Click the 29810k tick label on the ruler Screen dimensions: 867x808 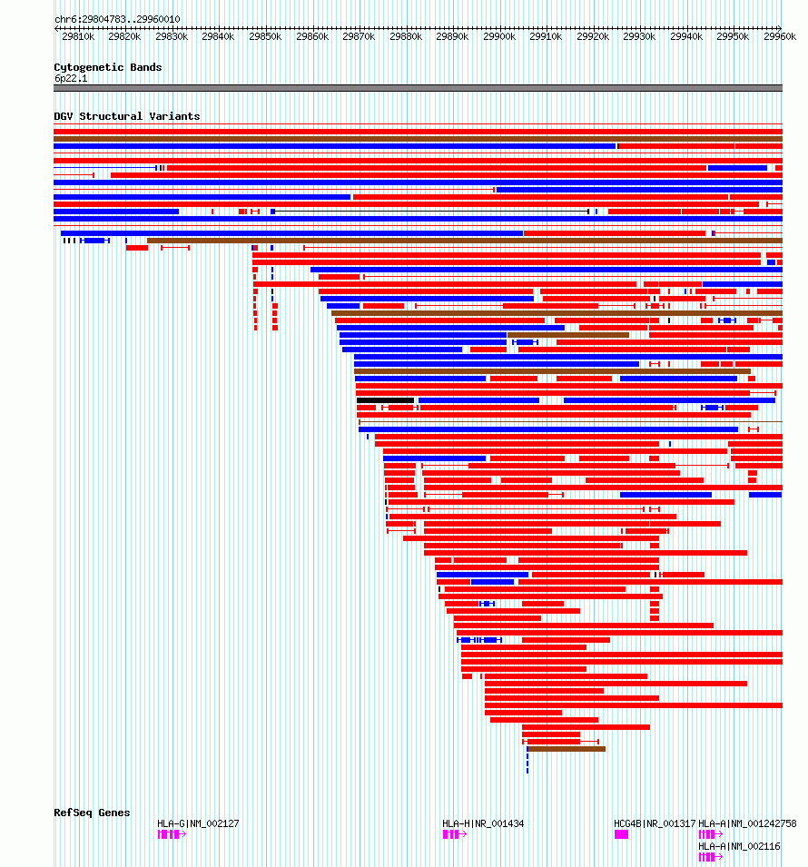78,36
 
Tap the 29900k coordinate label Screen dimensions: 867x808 498,36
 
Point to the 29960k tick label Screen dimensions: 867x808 779,36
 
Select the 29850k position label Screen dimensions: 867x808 265,36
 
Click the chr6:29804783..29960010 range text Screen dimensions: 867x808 117,19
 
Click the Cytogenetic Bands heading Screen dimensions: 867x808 108,67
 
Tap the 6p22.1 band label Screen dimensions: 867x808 71,78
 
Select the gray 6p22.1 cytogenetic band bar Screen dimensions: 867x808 418,88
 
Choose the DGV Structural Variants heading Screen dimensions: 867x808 126,116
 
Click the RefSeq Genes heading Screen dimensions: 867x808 92,813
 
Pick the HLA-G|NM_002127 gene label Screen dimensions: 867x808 198,823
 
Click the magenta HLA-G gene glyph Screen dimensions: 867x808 171,834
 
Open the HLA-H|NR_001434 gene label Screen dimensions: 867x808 483,823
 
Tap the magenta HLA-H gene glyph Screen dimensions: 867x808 453,834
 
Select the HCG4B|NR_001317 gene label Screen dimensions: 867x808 655,823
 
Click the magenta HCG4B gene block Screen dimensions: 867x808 621,834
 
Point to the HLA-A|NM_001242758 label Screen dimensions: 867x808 747,823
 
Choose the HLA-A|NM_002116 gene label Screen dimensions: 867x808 739,846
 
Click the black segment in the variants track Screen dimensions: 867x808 385,400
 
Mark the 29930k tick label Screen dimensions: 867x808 639,36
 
